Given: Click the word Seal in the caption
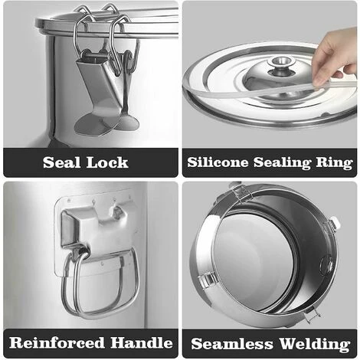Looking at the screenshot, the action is [x=61, y=162].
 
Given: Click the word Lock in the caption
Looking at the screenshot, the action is [x=107, y=162].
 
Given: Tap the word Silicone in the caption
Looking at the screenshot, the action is [x=218, y=162].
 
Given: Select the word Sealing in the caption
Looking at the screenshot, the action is [x=282, y=163].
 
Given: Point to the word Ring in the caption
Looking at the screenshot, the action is [x=335, y=163].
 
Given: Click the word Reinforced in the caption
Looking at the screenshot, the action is [x=57, y=342].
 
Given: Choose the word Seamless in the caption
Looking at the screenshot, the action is [x=232, y=344].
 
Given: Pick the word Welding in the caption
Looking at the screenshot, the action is [x=315, y=344].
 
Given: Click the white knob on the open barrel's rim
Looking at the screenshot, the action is [x=335, y=221].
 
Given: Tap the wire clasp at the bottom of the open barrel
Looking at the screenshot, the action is [x=312, y=315].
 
